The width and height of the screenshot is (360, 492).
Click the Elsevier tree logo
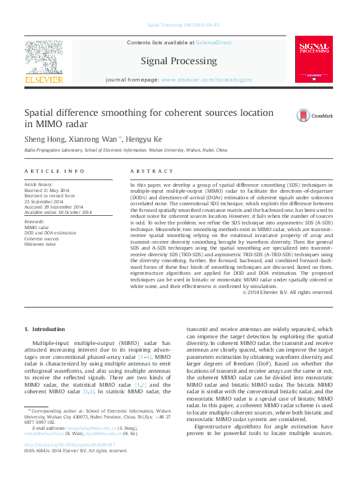44,58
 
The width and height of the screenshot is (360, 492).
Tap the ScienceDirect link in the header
213,42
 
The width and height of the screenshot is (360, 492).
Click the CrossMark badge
318,115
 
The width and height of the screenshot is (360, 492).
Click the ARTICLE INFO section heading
54,171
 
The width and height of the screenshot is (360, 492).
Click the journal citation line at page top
180,26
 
